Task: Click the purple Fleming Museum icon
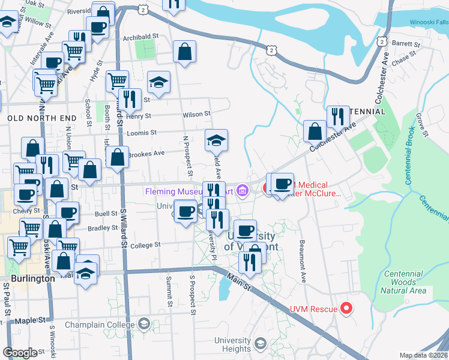[x=243, y=191]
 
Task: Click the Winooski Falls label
[x=429, y=22]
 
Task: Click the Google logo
[x=20, y=352]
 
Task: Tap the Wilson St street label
[x=197, y=114]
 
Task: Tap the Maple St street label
[x=33, y=320]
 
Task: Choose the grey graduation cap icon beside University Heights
[x=260, y=343]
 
